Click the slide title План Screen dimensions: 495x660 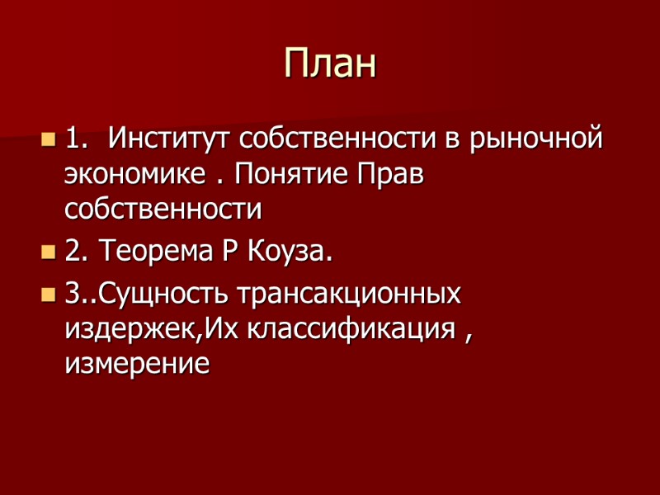[330, 64]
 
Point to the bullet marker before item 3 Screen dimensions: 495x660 [47, 295]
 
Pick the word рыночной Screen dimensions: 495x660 [536, 137]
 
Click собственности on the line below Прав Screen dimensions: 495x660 [163, 210]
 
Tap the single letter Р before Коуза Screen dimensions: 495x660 [229, 252]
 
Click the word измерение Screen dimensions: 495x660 [137, 364]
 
